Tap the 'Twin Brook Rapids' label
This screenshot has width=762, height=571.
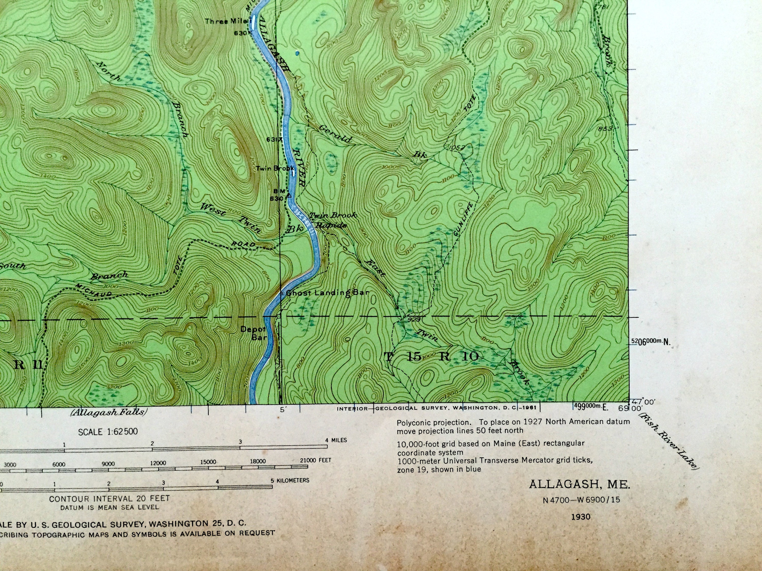coord(331,220)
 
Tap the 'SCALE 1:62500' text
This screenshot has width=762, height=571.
coord(108,432)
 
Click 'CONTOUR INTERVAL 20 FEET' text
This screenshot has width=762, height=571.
coord(109,498)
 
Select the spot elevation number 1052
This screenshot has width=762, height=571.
coord(457,148)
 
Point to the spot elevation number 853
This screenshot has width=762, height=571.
coord(605,129)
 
